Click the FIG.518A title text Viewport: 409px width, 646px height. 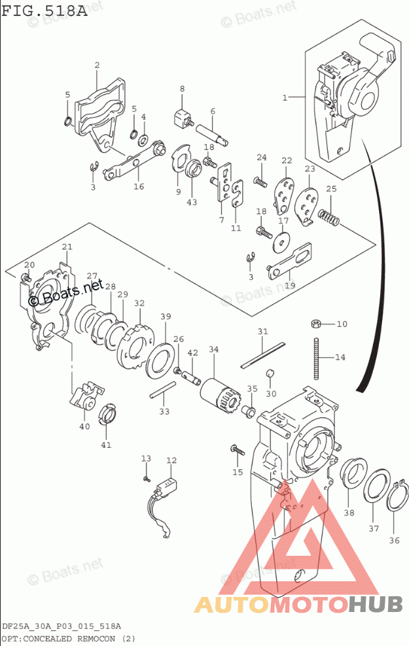43,11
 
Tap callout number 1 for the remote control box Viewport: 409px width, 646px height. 285,98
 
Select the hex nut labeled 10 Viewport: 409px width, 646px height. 315,323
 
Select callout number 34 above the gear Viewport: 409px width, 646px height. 213,349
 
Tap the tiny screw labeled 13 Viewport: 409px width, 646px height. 146,478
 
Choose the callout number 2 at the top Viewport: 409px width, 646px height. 97,65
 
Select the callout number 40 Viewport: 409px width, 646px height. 84,426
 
